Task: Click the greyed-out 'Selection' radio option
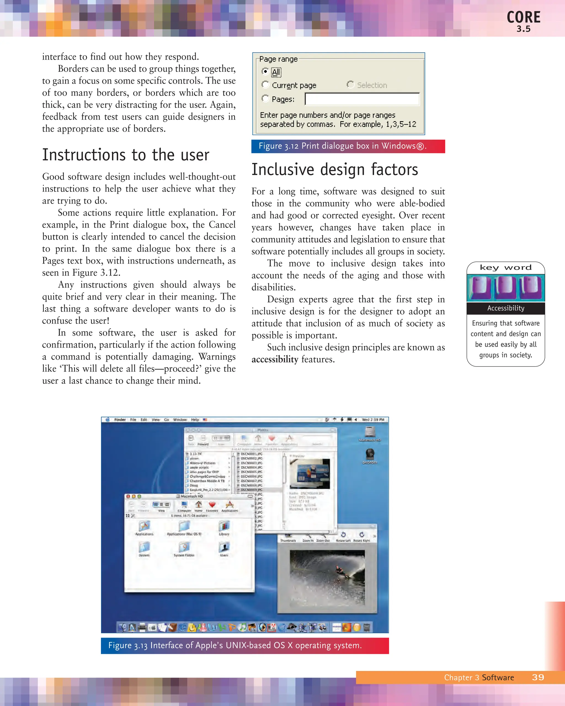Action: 350,85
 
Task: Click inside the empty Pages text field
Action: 362,99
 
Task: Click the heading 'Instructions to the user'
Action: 126,155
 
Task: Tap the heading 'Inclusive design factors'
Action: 334,170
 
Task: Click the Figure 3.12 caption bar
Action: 348,146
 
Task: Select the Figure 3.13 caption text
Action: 235,645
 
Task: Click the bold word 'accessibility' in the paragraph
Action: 275,359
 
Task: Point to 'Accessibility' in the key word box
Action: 505,308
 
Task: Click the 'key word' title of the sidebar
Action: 505,268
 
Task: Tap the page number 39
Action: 538,678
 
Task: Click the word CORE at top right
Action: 523,17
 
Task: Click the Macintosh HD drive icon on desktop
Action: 370,432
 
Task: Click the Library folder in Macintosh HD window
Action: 224,526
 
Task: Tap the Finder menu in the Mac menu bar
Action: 120,419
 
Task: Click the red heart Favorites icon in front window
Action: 212,504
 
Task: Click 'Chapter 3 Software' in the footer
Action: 479,678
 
